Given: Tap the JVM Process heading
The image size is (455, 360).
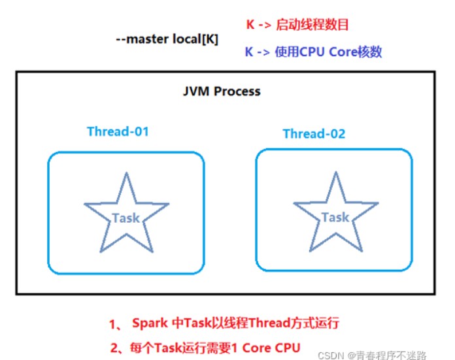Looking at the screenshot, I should tap(221, 91).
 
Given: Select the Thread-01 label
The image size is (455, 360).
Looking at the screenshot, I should tap(118, 131).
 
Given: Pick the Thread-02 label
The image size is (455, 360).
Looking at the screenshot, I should tap(314, 134).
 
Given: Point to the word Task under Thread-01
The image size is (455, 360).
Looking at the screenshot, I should tap(126, 218).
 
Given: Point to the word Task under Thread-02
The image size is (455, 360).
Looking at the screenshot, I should tap(335, 217).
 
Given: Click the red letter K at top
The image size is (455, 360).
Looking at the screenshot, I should tap(250, 25).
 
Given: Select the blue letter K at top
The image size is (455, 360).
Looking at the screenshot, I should tap(249, 52).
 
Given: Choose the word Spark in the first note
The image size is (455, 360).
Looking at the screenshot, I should tap(149, 323).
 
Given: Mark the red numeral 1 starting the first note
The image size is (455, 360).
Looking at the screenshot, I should tap(112, 323).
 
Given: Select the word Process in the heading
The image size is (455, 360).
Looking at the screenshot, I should tap(239, 91).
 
